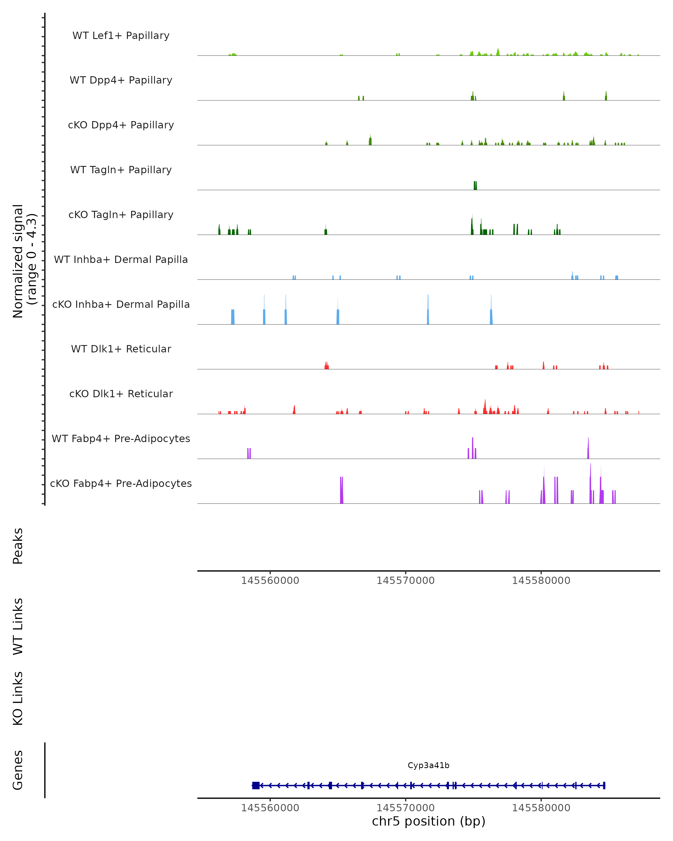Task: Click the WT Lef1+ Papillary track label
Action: pyautogui.click(x=121, y=36)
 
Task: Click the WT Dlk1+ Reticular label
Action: pyautogui.click(x=121, y=349)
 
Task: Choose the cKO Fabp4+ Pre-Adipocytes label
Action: pyautogui.click(x=121, y=483)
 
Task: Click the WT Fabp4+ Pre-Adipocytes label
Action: pyautogui.click(x=121, y=438)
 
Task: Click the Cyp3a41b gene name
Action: pyautogui.click(x=428, y=765)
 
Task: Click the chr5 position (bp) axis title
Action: pyautogui.click(x=428, y=821)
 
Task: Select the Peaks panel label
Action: pyautogui.click(x=18, y=546)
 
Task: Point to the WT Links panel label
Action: pyautogui.click(x=18, y=626)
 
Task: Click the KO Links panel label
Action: pyautogui.click(x=18, y=698)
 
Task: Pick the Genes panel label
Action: pyautogui.click(x=18, y=770)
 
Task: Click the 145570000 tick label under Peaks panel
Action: pyautogui.click(x=405, y=581)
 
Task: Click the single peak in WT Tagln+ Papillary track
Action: pyautogui.click(x=475, y=186)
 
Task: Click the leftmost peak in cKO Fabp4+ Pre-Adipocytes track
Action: pyautogui.click(x=341, y=491)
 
